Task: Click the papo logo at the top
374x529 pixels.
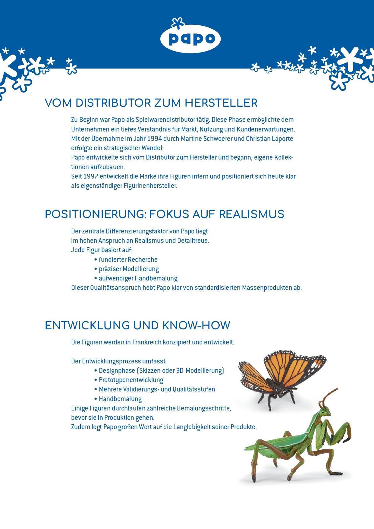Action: (190, 38)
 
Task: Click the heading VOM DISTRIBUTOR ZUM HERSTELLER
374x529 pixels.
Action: (151, 103)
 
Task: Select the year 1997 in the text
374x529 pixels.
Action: (91, 176)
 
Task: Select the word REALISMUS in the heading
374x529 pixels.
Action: (251, 214)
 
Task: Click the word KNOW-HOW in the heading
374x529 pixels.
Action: (196, 326)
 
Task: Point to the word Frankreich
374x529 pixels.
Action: (147, 342)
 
